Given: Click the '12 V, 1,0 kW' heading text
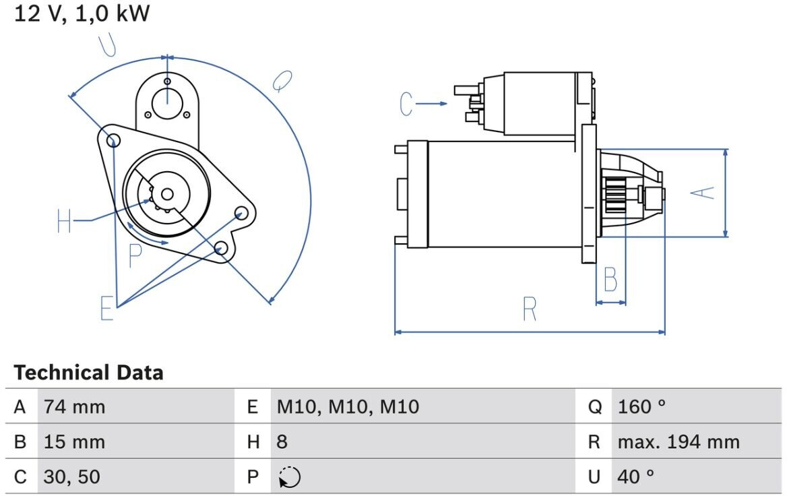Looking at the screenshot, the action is tap(82, 13).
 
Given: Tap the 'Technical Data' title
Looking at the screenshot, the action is tap(88, 373).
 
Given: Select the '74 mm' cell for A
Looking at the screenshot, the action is tap(74, 406).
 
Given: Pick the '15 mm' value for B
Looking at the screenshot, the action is tap(74, 442).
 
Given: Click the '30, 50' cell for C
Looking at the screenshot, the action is tap(72, 477).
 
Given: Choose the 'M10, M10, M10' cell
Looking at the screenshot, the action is tap(348, 406).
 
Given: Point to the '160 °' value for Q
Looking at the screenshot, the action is tap(641, 406).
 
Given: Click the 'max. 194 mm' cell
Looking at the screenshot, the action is tap(679, 442).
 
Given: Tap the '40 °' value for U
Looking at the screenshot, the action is tap(636, 477).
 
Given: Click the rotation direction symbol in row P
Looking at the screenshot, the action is tap(290, 477).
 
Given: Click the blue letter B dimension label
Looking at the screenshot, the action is tap(610, 279).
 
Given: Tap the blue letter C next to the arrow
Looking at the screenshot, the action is tap(406, 104).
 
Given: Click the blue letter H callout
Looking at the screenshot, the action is tap(64, 221).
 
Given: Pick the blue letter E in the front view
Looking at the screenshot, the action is tap(107, 308).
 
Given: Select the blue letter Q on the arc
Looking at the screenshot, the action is tap(282, 81).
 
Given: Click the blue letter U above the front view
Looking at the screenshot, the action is tap(107, 45).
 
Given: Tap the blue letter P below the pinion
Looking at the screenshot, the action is tap(135, 255).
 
